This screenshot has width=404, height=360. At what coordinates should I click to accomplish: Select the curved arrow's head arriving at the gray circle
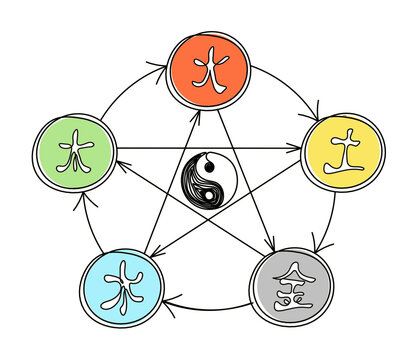pyautogui.click(x=320, y=244)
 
